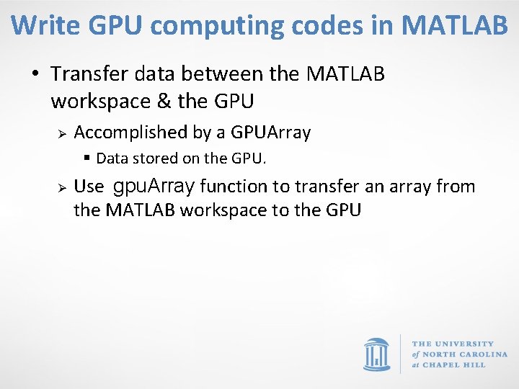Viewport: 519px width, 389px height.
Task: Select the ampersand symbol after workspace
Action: tap(161, 102)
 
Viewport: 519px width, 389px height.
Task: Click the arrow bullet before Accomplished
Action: tap(62, 133)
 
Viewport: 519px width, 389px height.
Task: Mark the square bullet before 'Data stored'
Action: tap(87, 157)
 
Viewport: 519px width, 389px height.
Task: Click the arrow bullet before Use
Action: tap(62, 187)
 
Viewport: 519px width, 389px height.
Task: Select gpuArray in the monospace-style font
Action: tap(154, 187)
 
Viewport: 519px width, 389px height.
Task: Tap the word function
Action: tap(234, 187)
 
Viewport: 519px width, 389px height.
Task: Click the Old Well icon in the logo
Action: tap(376, 353)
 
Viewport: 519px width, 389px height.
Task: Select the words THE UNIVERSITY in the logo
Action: tap(453, 344)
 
